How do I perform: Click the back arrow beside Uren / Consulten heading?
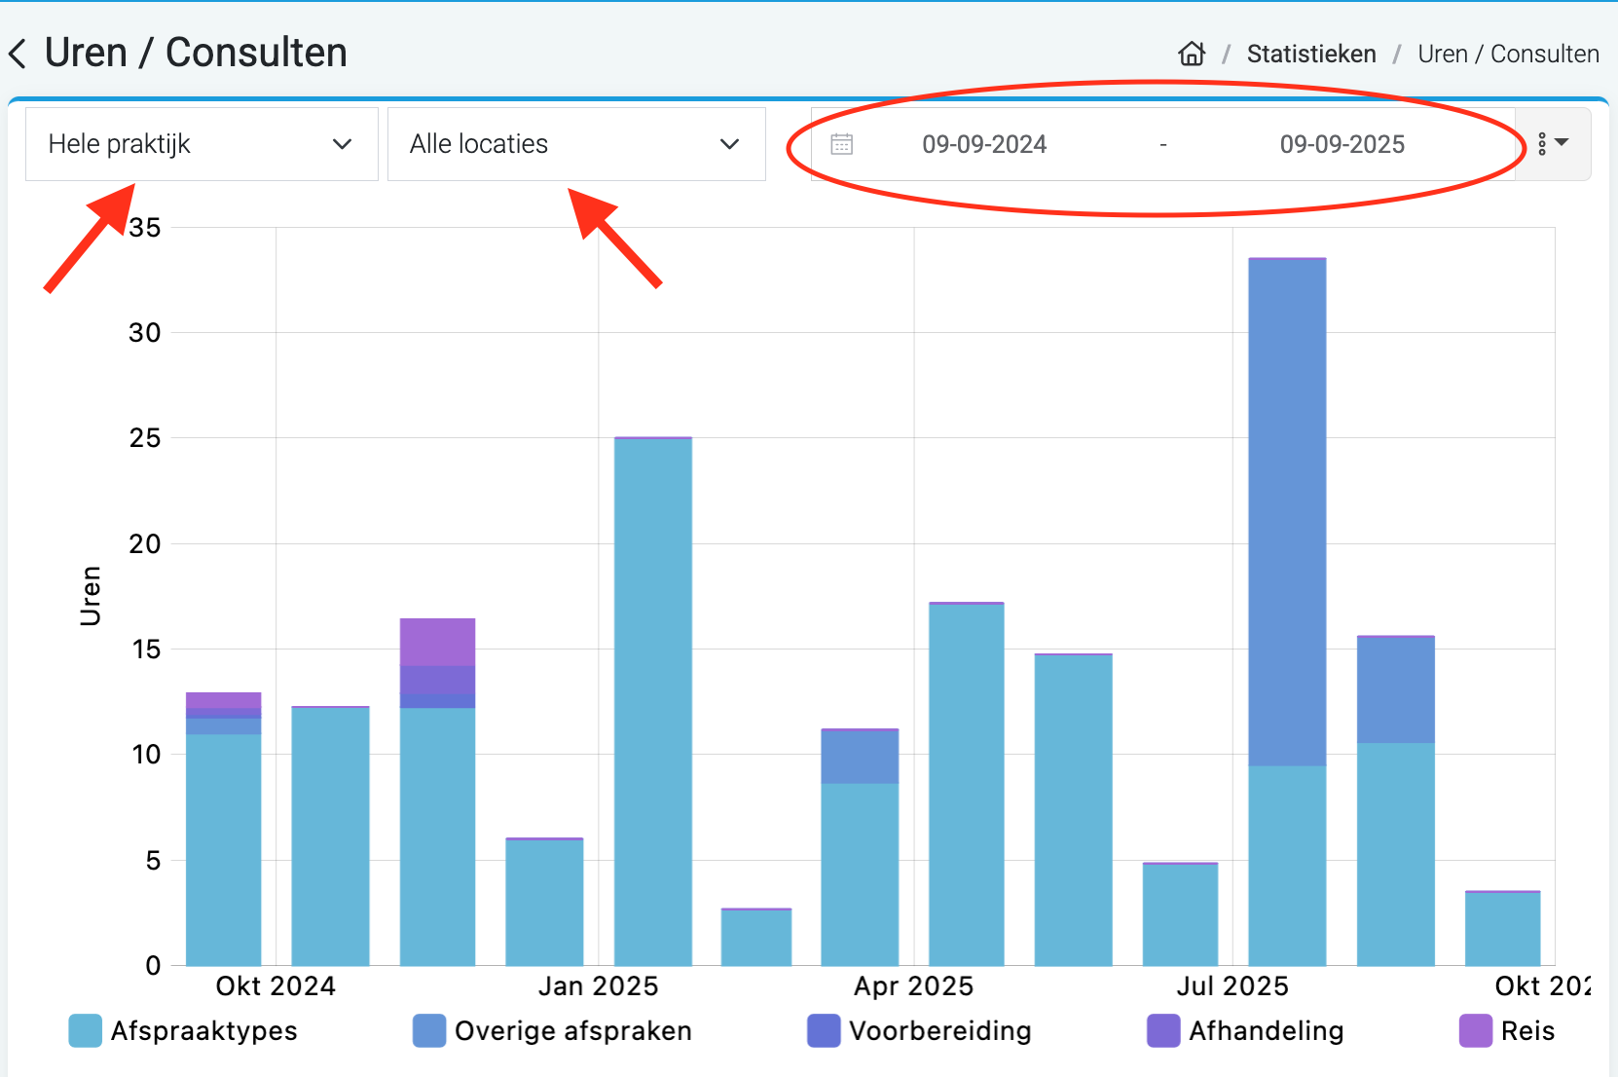coord(18,54)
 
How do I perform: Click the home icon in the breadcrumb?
coord(1192,54)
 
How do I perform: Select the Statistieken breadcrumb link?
coord(1310,55)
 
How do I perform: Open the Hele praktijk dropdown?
coord(202,144)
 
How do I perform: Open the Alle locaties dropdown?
coord(576,144)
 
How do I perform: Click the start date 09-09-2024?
coord(984,145)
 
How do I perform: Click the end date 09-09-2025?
coord(1342,145)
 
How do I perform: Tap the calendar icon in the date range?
coord(842,145)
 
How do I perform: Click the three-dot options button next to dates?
coord(1552,144)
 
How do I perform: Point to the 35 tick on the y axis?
coord(145,228)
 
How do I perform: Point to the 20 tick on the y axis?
coord(145,544)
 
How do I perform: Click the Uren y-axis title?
coord(91,595)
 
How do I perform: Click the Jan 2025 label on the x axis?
coord(598,986)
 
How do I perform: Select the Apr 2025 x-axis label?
coord(913,986)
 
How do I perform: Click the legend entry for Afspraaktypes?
coord(183,1031)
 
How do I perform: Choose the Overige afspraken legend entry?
coord(552,1031)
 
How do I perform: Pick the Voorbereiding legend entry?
coord(919,1031)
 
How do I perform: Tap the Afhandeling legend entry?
coord(1245,1031)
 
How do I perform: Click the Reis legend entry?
coord(1507,1031)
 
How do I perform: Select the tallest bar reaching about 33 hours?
coord(1287,584)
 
